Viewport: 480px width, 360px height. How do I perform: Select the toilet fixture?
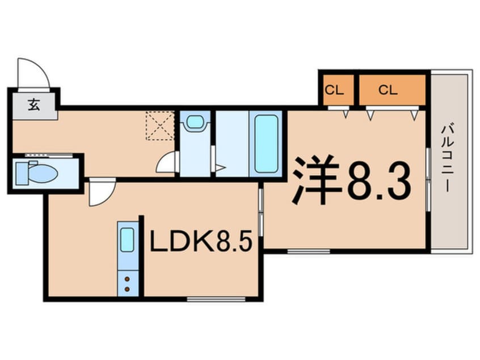(x=37, y=173)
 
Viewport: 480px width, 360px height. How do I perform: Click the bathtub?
(x=266, y=144)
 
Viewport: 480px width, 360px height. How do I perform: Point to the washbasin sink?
(x=195, y=122)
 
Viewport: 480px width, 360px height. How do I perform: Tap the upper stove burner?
(x=127, y=279)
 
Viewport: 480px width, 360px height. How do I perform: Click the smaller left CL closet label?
(x=334, y=90)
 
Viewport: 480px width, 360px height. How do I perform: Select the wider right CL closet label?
(x=388, y=90)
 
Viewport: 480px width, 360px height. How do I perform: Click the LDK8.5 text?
(x=201, y=241)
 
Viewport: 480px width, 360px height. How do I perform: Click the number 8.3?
(x=378, y=181)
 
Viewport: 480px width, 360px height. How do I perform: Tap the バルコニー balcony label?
(x=447, y=157)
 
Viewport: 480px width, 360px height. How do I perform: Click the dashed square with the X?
(x=160, y=125)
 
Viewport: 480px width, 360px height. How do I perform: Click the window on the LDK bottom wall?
(x=216, y=299)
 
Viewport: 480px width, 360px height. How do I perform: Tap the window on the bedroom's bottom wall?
(x=309, y=251)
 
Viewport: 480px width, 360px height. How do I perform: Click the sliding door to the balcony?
(x=428, y=179)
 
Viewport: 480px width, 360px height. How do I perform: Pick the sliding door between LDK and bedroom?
(x=261, y=212)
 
